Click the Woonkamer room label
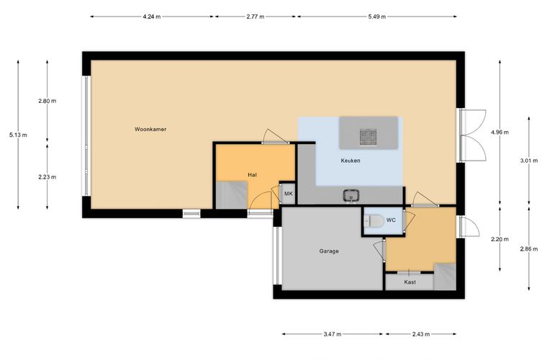pyautogui.click(x=150, y=129)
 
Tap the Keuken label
pyautogui.click(x=351, y=161)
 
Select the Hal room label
pyautogui.click(x=252, y=174)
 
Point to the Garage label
pyautogui.click(x=329, y=251)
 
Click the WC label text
pyautogui.click(x=391, y=220)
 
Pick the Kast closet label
pyautogui.click(x=410, y=282)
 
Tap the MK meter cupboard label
pyautogui.click(x=289, y=193)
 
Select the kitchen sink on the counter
pyautogui.click(x=351, y=195)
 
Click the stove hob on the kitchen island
pyautogui.click(x=368, y=137)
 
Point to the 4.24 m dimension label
pyautogui.click(x=152, y=17)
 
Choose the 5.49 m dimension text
pyautogui.click(x=376, y=17)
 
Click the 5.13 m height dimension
pyautogui.click(x=18, y=135)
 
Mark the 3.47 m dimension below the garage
pyautogui.click(x=332, y=334)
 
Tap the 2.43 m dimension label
pyautogui.click(x=421, y=334)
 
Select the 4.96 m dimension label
pyautogui.click(x=499, y=132)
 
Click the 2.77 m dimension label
pyautogui.click(x=255, y=17)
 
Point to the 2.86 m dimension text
pyautogui.click(x=529, y=248)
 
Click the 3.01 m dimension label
pyautogui.click(x=529, y=161)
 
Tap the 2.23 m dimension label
pyautogui.click(x=47, y=177)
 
